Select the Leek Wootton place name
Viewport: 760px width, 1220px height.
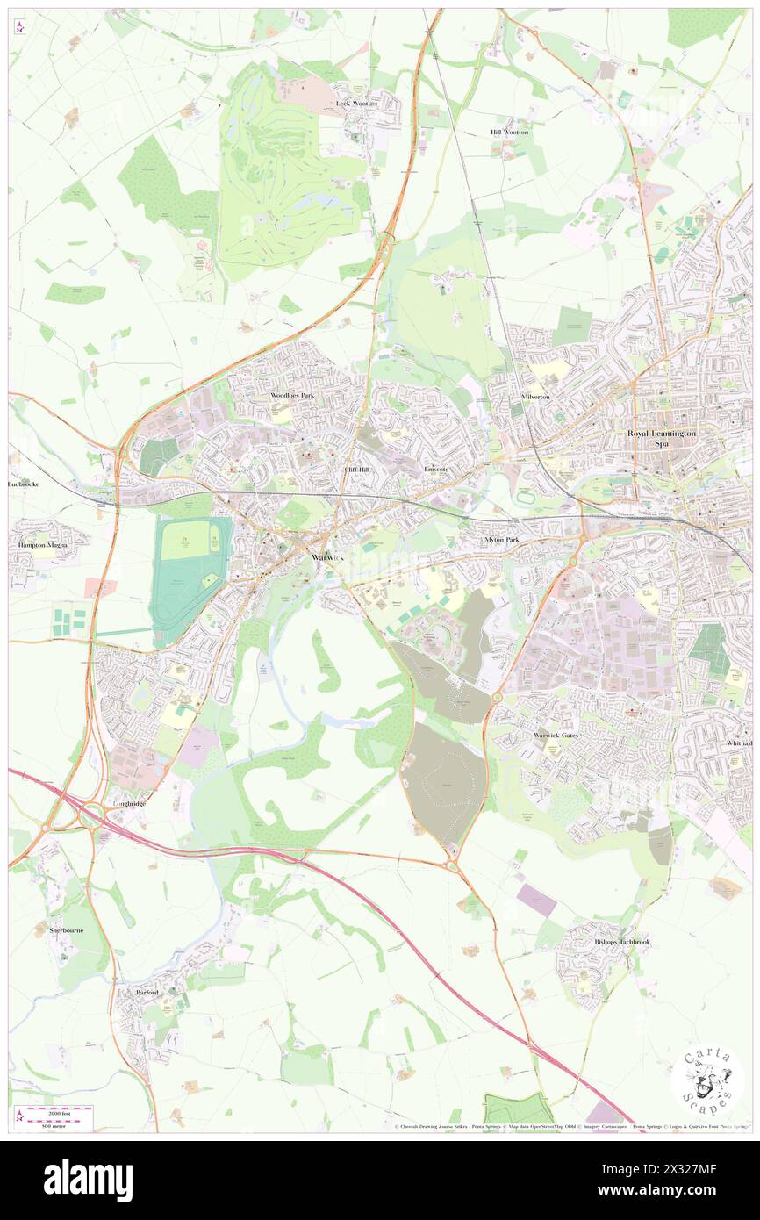coord(357,104)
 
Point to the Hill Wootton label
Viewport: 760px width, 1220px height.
coord(509,132)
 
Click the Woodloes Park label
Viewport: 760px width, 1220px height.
coord(292,396)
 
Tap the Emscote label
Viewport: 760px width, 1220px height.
coord(436,470)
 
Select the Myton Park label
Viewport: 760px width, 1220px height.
coord(501,539)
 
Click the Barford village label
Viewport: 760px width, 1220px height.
coord(147,992)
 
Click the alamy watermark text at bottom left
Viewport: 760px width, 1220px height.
coord(89,1181)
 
